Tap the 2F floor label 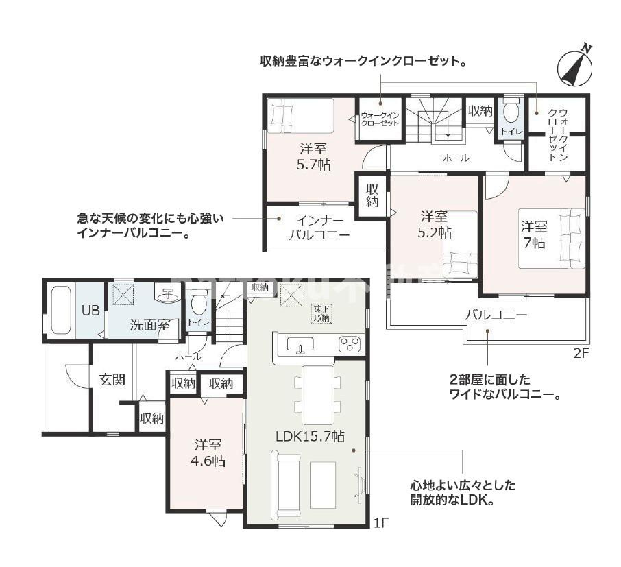tap(581, 354)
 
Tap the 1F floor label tap(381, 523)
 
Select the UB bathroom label tap(90, 310)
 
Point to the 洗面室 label tap(149, 325)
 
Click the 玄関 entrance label tap(111, 380)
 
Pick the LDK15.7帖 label tap(310, 437)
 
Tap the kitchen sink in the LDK tap(300, 345)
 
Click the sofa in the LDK tap(286, 488)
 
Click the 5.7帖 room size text tap(315, 165)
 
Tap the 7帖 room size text tap(534, 242)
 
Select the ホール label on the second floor tap(456, 158)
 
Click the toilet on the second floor tap(511, 112)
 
